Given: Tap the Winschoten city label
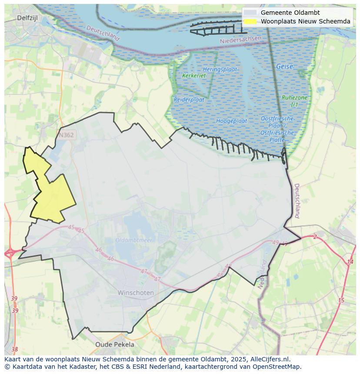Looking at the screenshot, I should (136, 293).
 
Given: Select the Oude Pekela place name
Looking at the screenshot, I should (115, 344).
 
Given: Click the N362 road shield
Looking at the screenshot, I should (66, 135).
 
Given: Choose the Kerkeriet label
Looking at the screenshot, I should (194, 76).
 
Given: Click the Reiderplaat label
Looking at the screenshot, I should (189, 99).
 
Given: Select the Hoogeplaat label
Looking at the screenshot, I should (231, 121).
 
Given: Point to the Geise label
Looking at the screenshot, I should (284, 66).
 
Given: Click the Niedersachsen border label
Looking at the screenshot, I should (240, 40).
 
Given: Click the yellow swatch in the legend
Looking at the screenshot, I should (250, 21).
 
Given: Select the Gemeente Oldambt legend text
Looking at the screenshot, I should (290, 13).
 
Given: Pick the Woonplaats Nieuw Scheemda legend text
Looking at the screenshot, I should (305, 21).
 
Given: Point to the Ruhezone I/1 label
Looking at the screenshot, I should (294, 101).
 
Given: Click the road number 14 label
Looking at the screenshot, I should (350, 262).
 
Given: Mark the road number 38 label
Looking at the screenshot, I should (15, 349).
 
